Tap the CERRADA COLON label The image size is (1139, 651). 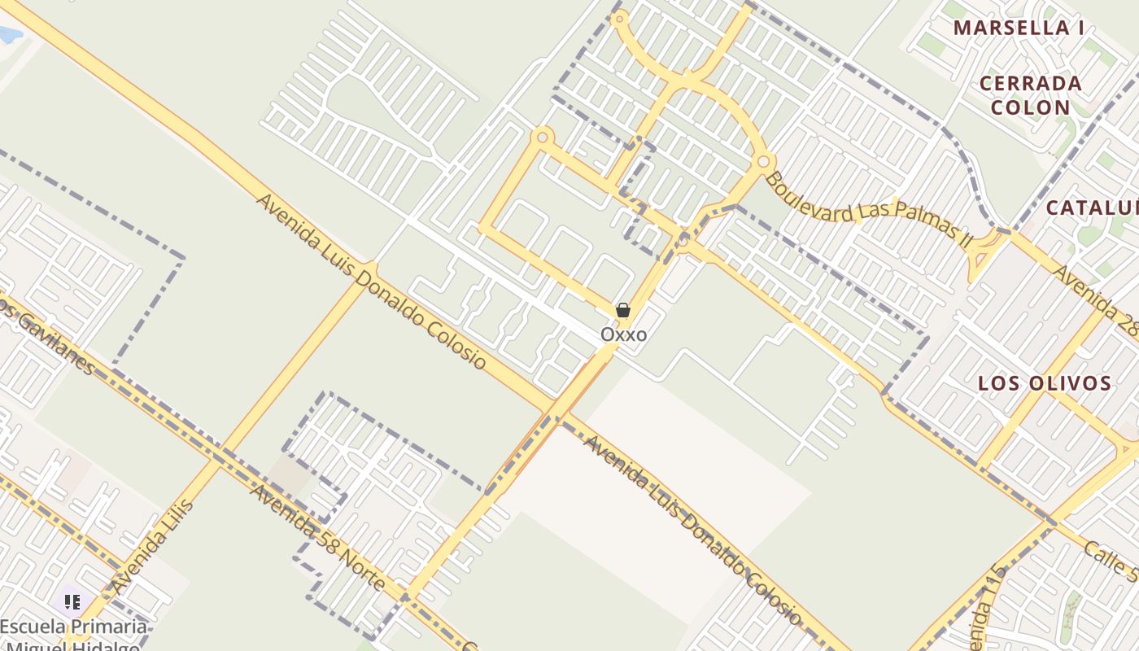pos(1030,95)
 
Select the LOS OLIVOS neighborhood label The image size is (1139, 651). pos(1045,383)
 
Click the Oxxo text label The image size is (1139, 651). pos(624,334)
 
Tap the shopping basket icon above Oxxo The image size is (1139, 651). pos(623,310)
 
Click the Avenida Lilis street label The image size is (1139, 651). pos(154,546)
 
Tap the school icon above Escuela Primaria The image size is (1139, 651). pos(73,602)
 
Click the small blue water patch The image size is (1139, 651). pos(8,35)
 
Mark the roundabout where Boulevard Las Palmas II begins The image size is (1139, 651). pos(763,161)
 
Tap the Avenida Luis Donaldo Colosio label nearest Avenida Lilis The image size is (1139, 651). pos(371,281)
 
